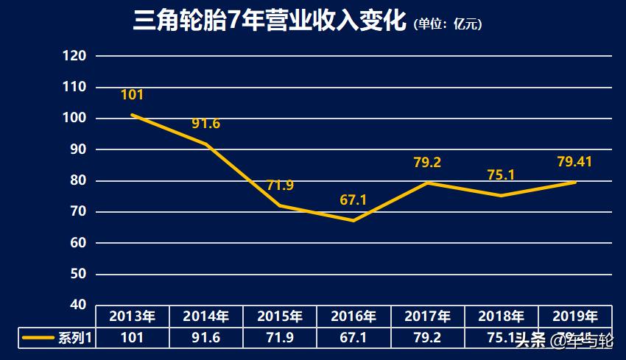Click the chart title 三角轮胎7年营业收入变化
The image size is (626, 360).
pos(270,21)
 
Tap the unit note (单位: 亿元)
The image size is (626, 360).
pos(448,24)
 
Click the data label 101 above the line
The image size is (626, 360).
pos(132,94)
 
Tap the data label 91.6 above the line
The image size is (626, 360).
pos(206,124)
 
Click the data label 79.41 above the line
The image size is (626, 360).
pos(574,162)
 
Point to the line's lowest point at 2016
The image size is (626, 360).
pos(354,220)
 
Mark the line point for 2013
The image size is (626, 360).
pos(133,115)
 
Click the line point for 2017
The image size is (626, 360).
pos(427,183)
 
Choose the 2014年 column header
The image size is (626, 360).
pos(206,317)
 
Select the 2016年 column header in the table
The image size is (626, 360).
pos(354,317)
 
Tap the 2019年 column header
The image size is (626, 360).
pos(574,317)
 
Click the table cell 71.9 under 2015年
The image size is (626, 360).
pos(280,339)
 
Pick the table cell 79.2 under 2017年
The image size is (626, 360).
pos(427,339)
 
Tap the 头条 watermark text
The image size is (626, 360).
pos(530,340)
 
